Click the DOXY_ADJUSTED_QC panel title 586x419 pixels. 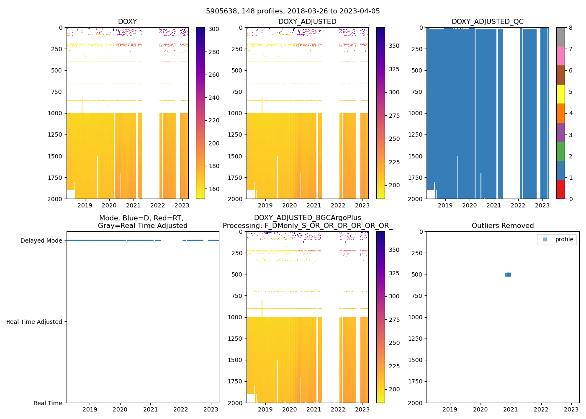tap(487, 22)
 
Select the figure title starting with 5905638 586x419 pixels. tap(293, 11)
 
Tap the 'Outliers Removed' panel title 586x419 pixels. tap(502, 226)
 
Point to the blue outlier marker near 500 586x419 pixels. tap(508, 274)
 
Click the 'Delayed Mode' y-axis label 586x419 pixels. tap(41, 241)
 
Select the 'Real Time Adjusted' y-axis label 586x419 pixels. tap(34, 322)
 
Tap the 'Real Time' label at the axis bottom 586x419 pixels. tap(48, 403)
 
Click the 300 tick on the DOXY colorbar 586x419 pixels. tap(214, 29)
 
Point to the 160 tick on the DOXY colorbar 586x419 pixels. tap(214, 189)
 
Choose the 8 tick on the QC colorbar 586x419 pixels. tap(571, 28)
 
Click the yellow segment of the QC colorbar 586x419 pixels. tap(560, 94)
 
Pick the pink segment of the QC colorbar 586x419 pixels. tap(560, 56)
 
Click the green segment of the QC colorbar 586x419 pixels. tap(560, 151)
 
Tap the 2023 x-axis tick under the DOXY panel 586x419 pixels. tap(182, 205)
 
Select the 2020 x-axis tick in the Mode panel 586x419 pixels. tap(120, 409)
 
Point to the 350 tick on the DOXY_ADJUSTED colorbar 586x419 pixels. tap(394, 46)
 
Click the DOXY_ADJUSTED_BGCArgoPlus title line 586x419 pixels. tap(307, 218)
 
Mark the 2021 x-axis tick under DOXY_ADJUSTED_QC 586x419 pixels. tap(493, 205)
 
